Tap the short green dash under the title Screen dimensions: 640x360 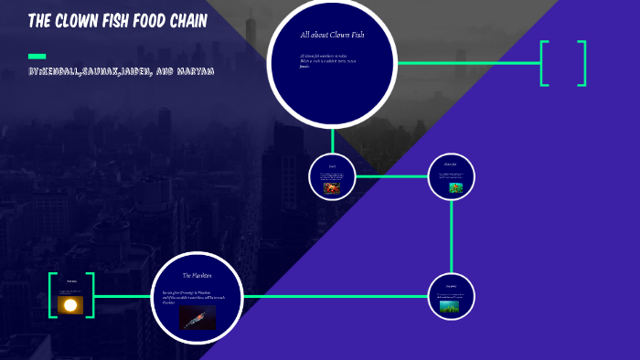(37, 56)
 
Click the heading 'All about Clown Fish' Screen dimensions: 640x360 (332, 35)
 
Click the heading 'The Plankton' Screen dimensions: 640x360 (197, 275)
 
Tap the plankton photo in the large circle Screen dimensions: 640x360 (197, 318)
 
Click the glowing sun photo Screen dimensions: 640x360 (70, 304)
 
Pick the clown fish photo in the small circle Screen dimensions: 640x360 (455, 187)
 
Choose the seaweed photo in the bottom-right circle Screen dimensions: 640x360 (450, 306)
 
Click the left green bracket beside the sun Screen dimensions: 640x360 (52, 295)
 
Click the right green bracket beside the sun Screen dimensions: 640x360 (90, 295)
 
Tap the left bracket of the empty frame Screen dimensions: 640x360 (544, 63)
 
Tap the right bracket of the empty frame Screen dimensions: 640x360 (582, 63)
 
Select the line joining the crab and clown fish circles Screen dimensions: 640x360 (391, 176)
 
